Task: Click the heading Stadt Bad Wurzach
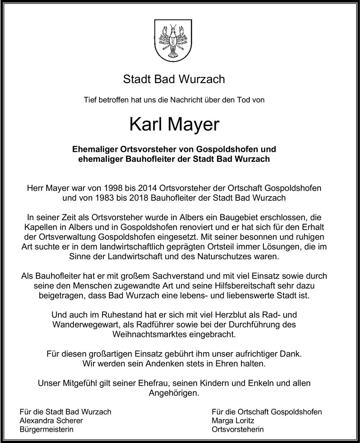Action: click(174, 79)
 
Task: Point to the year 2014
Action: click(146, 188)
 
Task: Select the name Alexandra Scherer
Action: click(51, 421)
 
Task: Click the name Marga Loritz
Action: click(233, 421)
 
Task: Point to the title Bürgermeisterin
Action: click(47, 430)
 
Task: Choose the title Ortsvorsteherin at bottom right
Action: click(238, 430)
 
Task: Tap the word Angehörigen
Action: click(174, 393)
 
